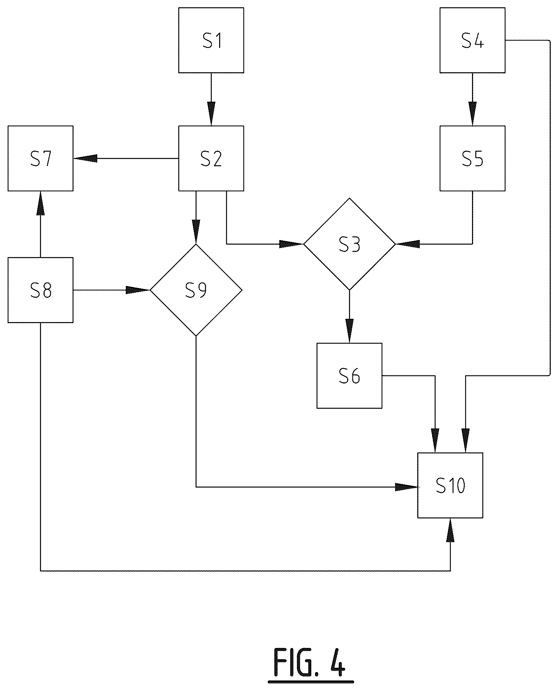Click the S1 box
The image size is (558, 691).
[x=211, y=40]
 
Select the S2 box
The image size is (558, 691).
[x=211, y=158]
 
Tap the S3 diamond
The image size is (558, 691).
[x=349, y=244]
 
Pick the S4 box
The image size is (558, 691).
[x=472, y=40]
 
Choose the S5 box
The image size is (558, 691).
[x=472, y=158]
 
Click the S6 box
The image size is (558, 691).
[x=349, y=375]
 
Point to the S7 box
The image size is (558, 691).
[x=41, y=158]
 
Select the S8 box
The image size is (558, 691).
[x=41, y=290]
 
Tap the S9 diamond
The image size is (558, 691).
[x=196, y=290]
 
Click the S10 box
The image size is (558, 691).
[x=450, y=485]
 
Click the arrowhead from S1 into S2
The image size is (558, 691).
[x=211, y=114]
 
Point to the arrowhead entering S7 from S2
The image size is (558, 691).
[x=85, y=158]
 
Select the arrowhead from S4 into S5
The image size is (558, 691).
[x=472, y=114]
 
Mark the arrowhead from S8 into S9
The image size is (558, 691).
[x=138, y=290]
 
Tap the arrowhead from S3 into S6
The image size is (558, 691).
[x=349, y=331]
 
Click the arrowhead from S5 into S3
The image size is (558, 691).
[x=407, y=244]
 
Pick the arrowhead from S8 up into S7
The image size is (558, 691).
[x=41, y=203]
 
